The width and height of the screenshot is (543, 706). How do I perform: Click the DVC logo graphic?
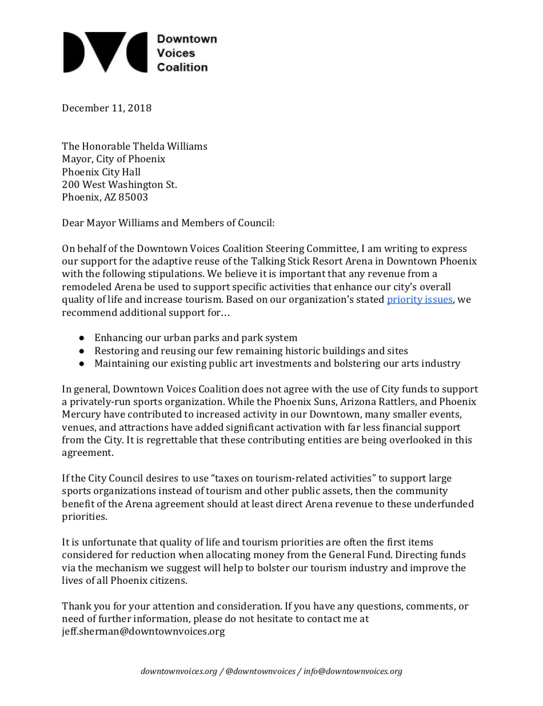[106, 53]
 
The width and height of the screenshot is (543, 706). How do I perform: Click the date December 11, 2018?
[106, 108]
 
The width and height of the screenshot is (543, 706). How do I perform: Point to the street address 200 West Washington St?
[119, 184]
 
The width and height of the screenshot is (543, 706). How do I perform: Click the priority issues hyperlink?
[420, 299]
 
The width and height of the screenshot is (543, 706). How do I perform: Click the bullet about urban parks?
[195, 338]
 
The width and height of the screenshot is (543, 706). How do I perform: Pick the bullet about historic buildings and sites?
[251, 351]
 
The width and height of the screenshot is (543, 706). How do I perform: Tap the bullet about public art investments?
[277, 363]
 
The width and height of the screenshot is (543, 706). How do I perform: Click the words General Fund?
[437, 555]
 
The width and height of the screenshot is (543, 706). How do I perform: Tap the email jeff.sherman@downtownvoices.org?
[143, 632]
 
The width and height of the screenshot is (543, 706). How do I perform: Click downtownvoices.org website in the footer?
[179, 672]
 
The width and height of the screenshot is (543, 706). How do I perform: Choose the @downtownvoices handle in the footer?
[260, 672]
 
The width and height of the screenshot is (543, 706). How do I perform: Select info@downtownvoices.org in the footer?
[353, 672]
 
